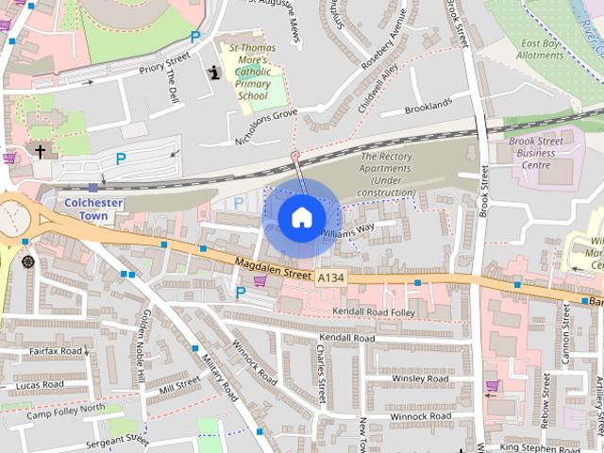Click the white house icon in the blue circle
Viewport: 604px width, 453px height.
[x=301, y=217]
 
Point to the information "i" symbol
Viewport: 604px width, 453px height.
[x=214, y=73]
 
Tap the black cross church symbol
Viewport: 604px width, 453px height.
[x=40, y=150]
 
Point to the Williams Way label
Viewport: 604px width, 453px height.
[x=348, y=228]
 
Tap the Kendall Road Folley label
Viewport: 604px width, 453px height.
[x=374, y=311]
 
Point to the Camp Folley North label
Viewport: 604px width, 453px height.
[x=66, y=411]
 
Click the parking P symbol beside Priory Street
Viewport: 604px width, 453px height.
[x=195, y=37]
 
